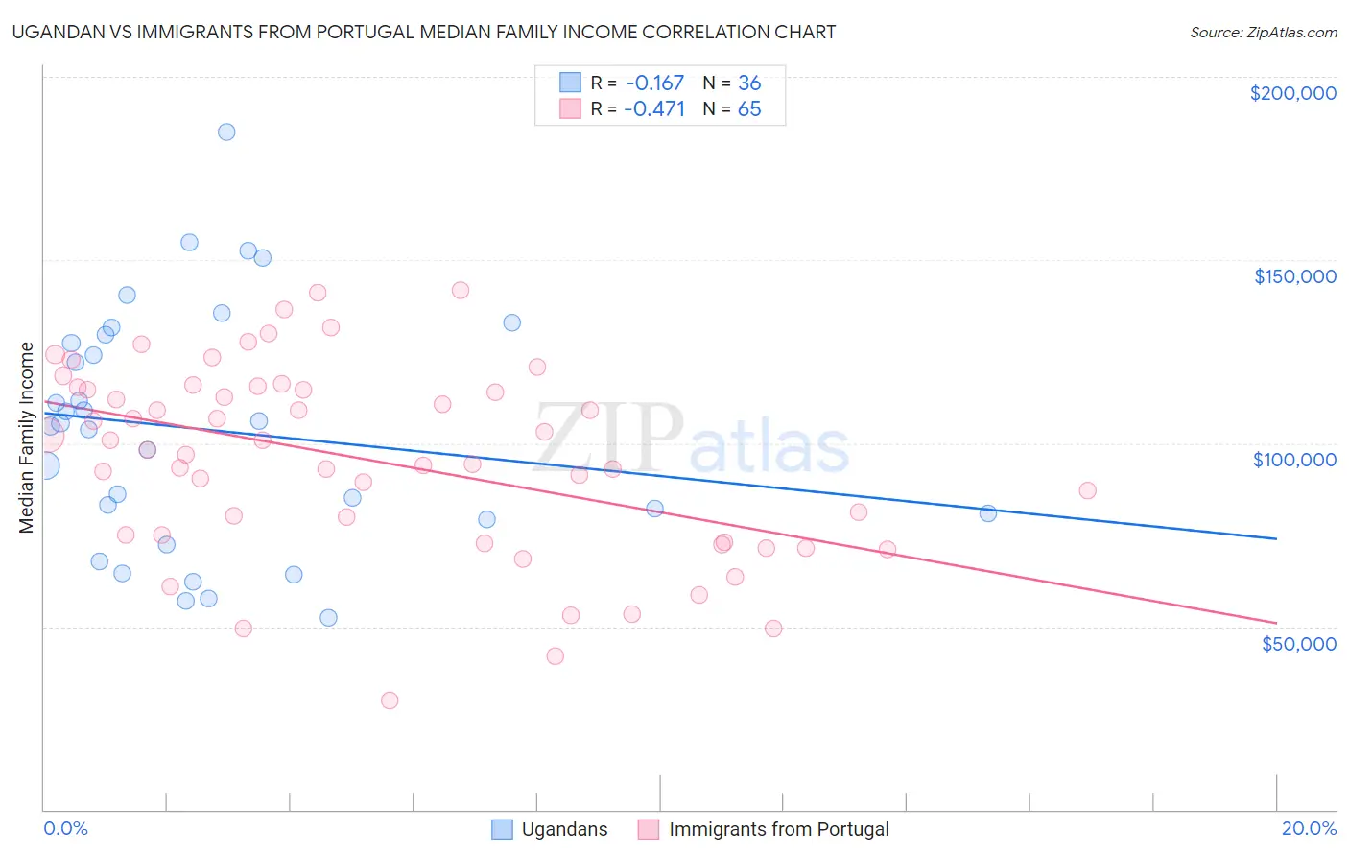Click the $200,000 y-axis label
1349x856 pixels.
[x=1292, y=93]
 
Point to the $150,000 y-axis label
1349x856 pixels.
[x=1294, y=276]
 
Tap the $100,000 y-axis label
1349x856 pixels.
[x=1294, y=460]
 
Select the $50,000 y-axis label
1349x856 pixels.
[x=1298, y=643]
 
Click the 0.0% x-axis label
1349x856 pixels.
[x=65, y=828]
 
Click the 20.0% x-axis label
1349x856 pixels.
[x=1309, y=828]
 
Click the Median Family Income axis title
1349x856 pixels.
[x=27, y=438]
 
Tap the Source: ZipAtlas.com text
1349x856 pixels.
[x=1263, y=32]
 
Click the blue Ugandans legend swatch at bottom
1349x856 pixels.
[x=502, y=829]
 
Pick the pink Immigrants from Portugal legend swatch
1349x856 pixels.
[x=649, y=829]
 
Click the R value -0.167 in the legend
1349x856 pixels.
[x=654, y=83]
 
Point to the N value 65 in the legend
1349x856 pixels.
[x=749, y=108]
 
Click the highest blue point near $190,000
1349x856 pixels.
[x=226, y=131]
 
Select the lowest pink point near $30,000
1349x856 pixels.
[x=390, y=701]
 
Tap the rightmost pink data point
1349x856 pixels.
[x=1087, y=490]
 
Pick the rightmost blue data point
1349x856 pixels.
[x=988, y=513]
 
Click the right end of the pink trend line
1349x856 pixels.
[x=1276, y=623]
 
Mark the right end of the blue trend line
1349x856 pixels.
[x=1276, y=538]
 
